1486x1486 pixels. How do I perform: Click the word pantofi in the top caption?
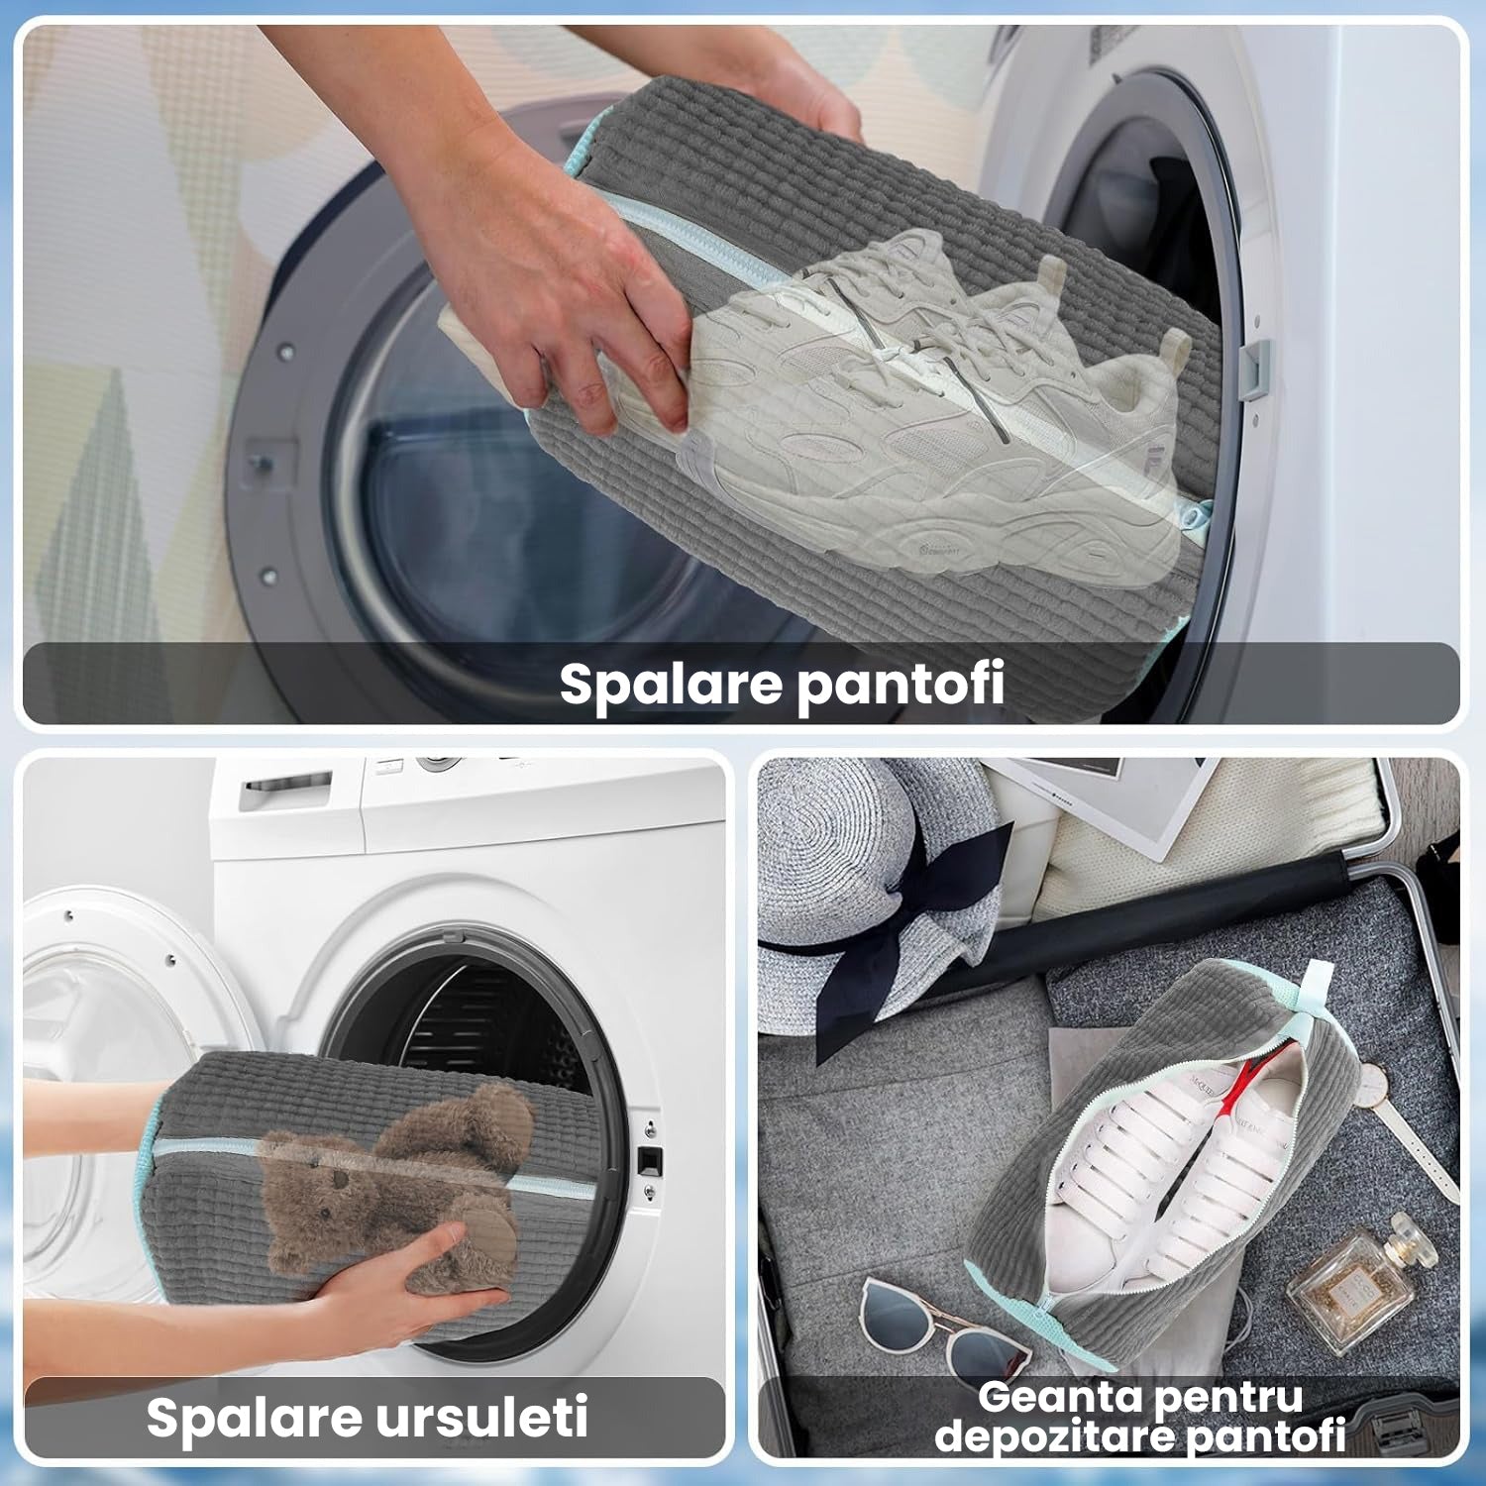[x=902, y=684]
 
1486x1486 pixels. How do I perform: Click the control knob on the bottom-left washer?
[x=436, y=763]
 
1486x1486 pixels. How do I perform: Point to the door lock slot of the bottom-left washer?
[x=652, y=1158]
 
